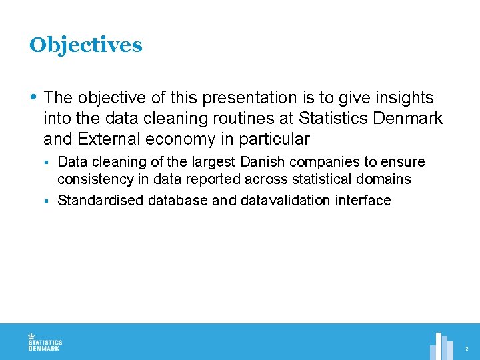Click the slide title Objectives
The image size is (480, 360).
tap(85, 45)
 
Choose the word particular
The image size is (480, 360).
tap(275, 139)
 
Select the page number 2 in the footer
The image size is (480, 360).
tap(467, 349)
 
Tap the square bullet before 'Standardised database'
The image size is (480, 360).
tap(48, 201)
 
